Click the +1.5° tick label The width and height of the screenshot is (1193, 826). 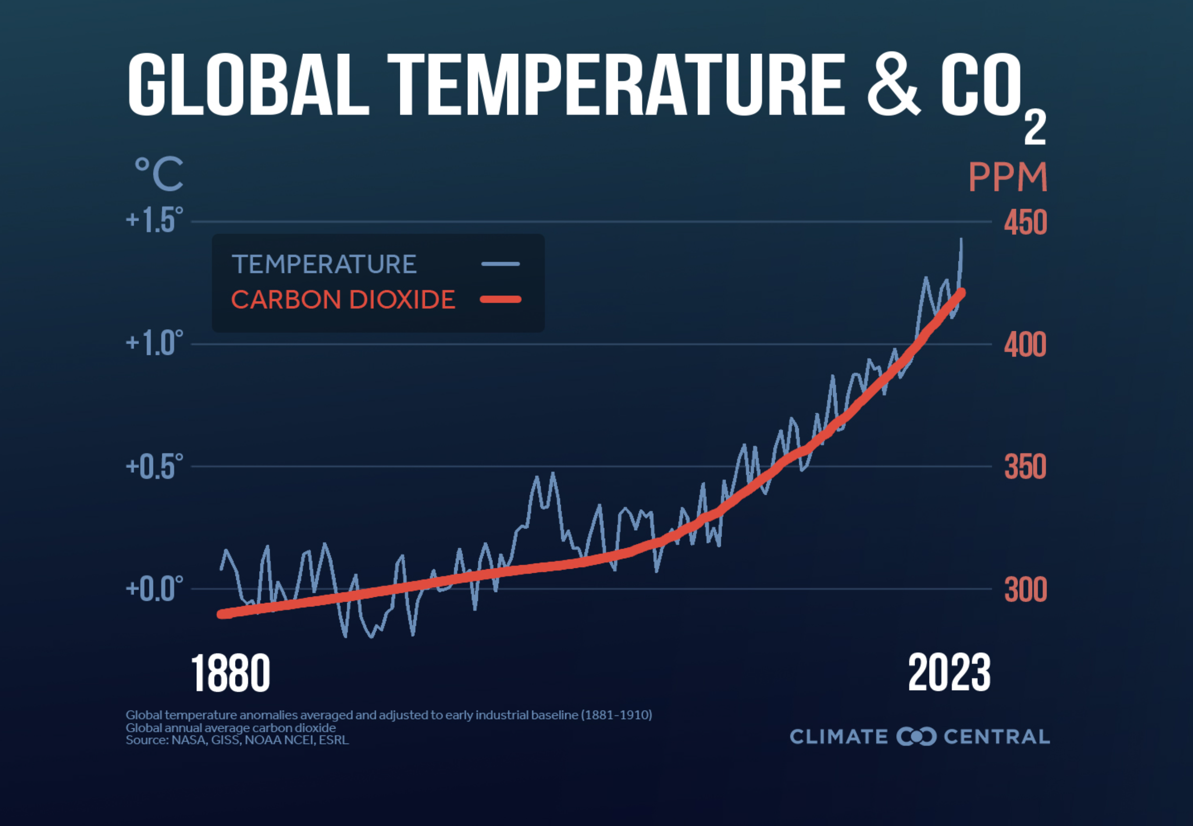click(154, 220)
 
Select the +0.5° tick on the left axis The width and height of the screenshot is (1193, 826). click(154, 466)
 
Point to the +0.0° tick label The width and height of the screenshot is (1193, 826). click(154, 588)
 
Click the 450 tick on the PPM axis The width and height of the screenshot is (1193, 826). click(1025, 223)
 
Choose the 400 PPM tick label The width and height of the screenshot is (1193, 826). click(1025, 345)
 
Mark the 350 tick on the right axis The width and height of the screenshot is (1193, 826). click(1025, 467)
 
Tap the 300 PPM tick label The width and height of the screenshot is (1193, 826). click(1025, 589)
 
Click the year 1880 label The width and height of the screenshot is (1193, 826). click(231, 673)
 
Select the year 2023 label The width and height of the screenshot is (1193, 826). click(949, 673)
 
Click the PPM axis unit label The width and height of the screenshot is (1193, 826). click(1008, 177)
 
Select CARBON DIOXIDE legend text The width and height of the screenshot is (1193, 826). click(343, 299)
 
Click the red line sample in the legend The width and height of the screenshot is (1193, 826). click(500, 299)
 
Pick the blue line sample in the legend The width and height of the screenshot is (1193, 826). click(500, 264)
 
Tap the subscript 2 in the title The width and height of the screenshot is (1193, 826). click(1035, 128)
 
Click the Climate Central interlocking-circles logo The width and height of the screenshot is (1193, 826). click(916, 737)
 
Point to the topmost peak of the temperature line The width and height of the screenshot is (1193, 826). click(962, 240)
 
